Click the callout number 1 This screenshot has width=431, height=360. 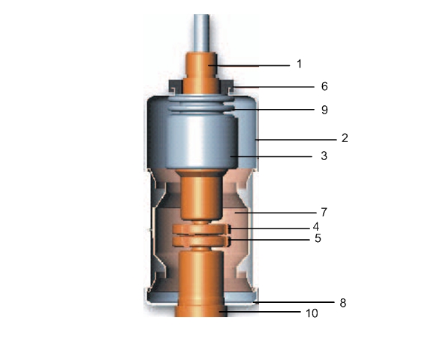pyautogui.click(x=299, y=65)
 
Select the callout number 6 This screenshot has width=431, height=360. pyautogui.click(x=324, y=86)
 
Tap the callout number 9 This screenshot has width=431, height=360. pyautogui.click(x=324, y=109)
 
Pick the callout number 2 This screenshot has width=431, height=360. pyautogui.click(x=344, y=138)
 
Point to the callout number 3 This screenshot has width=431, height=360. pyautogui.click(x=324, y=156)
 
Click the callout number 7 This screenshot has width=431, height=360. pyautogui.click(x=324, y=212)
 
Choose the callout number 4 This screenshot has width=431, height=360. pyautogui.click(x=316, y=225)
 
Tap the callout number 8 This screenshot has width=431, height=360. pyautogui.click(x=344, y=303)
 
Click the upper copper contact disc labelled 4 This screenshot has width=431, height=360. pyautogui.click(x=200, y=228)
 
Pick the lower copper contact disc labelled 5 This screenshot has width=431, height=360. pyautogui.click(x=200, y=241)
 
